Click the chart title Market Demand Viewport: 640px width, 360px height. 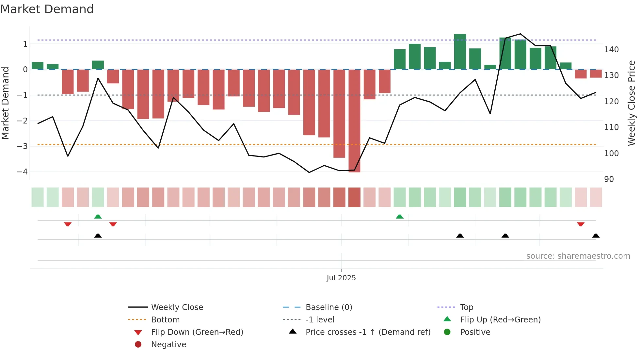47,9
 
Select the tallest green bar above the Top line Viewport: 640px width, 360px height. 460,51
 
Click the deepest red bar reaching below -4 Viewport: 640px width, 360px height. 354,121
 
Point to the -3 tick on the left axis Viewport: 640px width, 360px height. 23,146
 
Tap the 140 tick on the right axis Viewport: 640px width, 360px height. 611,50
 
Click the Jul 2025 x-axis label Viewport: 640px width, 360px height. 341,278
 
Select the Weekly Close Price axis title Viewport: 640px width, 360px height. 632,103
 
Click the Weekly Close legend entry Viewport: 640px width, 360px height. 177,307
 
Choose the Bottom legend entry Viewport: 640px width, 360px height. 165,320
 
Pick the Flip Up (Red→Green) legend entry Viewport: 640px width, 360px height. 500,320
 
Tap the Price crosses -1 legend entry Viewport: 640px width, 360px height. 368,332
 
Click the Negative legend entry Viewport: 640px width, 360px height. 168,345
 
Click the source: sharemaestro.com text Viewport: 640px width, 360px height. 578,256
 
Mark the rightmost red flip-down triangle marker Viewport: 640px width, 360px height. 581,224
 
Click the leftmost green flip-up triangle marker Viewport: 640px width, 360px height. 98,217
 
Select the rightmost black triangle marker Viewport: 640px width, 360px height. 596,236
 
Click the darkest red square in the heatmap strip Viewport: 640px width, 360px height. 354,197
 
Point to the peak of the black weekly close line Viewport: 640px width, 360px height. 520,34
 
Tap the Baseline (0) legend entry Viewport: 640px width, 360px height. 328,307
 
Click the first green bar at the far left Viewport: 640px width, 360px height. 38,66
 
